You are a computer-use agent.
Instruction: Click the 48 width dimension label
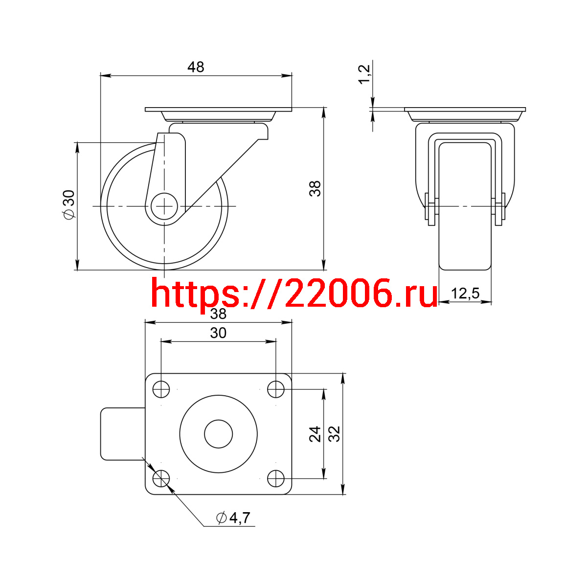pyautogui.click(x=196, y=67)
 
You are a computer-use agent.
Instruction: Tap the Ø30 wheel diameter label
pyautogui.click(x=69, y=204)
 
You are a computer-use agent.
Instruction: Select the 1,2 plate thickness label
pyautogui.click(x=364, y=74)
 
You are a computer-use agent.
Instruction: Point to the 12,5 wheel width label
pyautogui.click(x=465, y=293)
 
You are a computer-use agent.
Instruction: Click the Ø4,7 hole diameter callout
pyautogui.click(x=233, y=518)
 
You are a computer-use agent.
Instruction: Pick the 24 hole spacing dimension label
pyautogui.click(x=315, y=434)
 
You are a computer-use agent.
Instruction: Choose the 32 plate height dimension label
pyautogui.click(x=334, y=434)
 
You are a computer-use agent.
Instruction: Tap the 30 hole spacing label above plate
pyautogui.click(x=218, y=333)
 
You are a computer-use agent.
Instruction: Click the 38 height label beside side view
pyautogui.click(x=315, y=188)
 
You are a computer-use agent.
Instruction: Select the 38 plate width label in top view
pyautogui.click(x=218, y=314)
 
